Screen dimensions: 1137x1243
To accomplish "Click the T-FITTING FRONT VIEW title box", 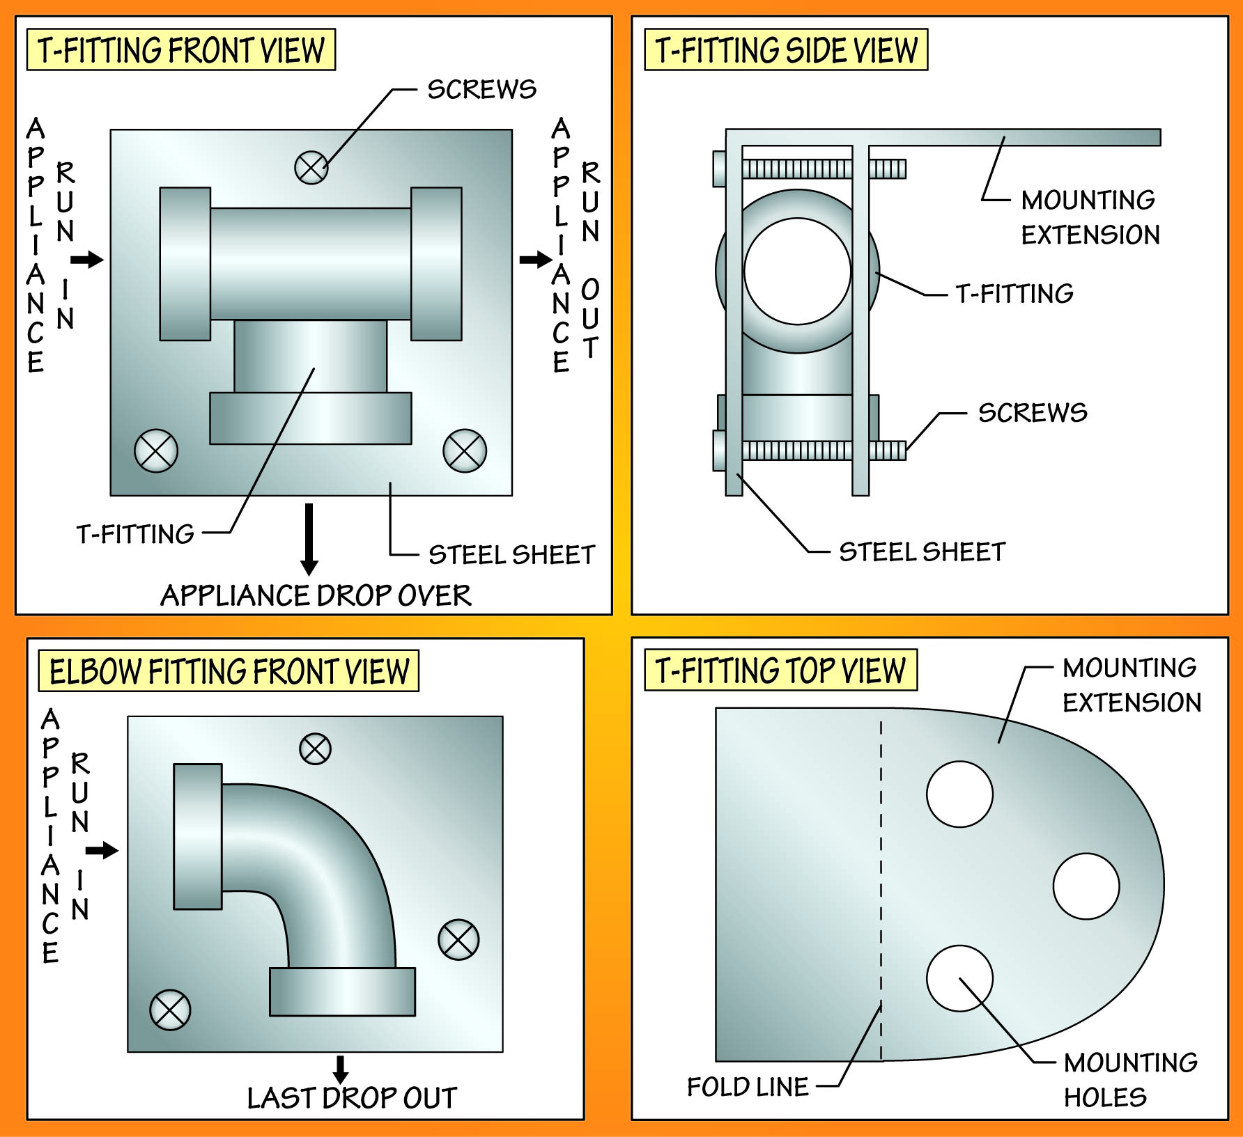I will [180, 50].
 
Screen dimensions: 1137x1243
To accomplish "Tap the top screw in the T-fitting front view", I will [311, 167].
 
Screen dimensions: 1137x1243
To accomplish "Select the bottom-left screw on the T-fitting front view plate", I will [156, 451].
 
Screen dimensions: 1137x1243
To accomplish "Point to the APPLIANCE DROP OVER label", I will [316, 596].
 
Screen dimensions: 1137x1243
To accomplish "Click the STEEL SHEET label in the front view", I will [511, 555].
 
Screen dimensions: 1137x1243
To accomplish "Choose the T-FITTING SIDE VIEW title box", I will [786, 50].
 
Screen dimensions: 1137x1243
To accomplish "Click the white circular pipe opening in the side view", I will [797, 272].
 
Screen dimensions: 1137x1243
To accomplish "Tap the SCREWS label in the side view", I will [1033, 413].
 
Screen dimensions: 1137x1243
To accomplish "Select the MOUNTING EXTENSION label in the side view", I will [1090, 217].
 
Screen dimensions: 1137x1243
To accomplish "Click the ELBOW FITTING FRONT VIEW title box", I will [229, 671].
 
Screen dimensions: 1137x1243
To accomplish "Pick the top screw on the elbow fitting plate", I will [315, 749].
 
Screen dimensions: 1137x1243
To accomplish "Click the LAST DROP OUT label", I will [352, 1098].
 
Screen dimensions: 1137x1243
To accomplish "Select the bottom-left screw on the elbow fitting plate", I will [170, 1010].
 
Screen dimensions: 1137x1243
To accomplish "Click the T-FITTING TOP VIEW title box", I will [780, 671].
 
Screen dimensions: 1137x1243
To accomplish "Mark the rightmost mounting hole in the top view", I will [1086, 886].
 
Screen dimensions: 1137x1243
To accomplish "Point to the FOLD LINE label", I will [748, 1087].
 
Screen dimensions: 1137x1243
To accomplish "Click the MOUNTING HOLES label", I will [1130, 1080].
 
